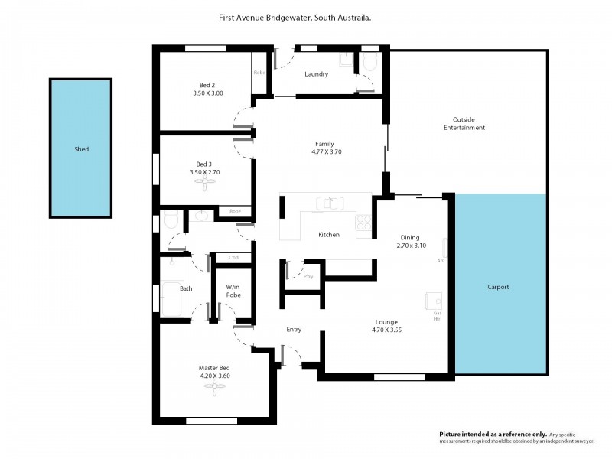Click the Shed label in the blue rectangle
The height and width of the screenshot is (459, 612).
pos(81,149)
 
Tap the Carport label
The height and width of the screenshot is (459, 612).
pos(498,287)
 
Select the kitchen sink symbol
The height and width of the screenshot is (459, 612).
pos(331,203)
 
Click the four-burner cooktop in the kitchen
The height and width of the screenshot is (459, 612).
pos(364,222)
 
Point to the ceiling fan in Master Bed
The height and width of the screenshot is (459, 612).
pos(215,387)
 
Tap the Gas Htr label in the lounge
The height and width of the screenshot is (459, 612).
pos(438,316)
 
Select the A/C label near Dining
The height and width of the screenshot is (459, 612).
pos(441,261)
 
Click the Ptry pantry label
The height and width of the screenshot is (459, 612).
pos(308,277)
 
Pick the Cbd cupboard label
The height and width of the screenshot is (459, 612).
pos(233,257)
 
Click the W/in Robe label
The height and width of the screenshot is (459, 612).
pos(233,290)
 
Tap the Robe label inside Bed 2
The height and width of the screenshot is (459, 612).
pos(260,73)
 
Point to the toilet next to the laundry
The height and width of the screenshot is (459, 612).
pos(370,62)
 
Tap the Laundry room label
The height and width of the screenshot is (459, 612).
pos(316,74)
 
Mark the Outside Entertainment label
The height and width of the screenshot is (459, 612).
pos(469,123)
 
